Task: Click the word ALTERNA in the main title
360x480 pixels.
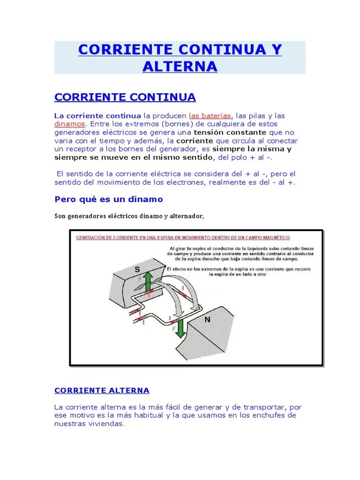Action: point(180,66)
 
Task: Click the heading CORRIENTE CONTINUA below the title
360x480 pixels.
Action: point(125,97)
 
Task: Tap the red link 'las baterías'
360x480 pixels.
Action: point(210,115)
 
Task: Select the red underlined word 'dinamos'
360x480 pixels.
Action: point(70,124)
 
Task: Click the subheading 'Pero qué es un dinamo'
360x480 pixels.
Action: point(109,199)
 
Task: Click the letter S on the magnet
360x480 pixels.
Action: point(137,270)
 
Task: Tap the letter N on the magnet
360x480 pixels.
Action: point(207,320)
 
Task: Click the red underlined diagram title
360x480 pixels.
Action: point(183,238)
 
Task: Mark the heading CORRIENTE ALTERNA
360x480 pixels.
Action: point(102,390)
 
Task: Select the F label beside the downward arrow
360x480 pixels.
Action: point(174,329)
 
